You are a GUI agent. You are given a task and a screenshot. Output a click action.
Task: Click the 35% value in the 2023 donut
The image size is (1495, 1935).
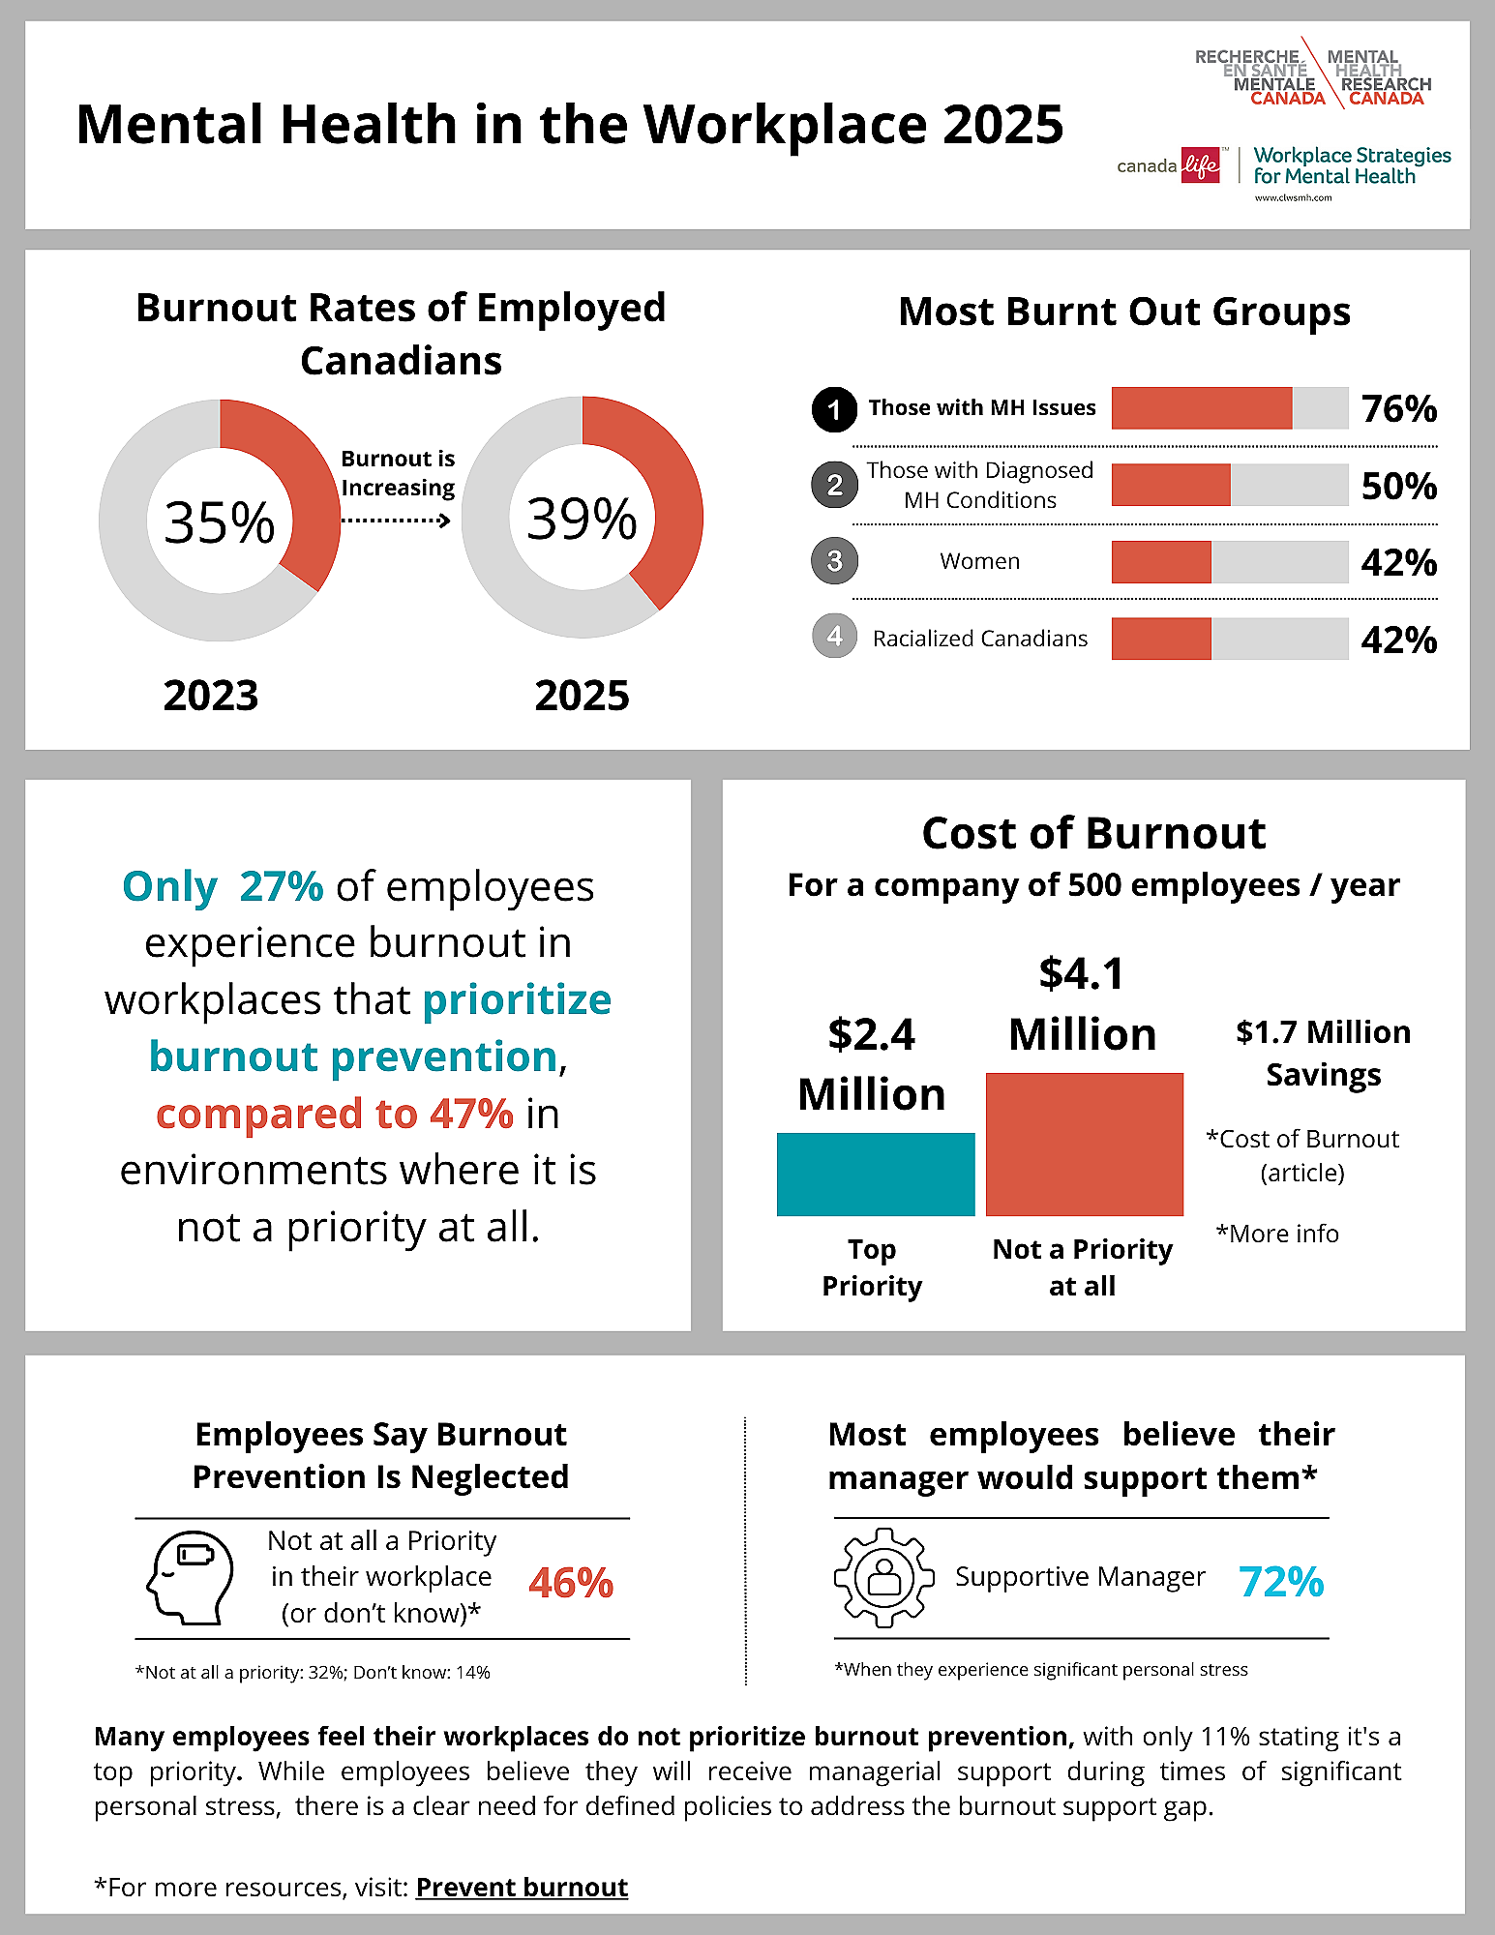coord(220,522)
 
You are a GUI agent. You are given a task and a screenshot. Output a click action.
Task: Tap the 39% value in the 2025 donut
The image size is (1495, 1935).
coord(582,519)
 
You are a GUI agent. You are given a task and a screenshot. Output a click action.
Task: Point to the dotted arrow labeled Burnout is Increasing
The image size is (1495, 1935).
coord(397,521)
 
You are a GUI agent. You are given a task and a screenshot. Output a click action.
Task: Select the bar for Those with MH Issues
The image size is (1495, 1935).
coord(1229,408)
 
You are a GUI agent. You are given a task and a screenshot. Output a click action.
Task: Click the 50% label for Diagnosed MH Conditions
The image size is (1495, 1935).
coord(1398,486)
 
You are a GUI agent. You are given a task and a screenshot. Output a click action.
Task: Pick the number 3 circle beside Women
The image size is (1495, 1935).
coord(834,561)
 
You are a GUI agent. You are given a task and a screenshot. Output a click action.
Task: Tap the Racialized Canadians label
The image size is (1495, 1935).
coord(979,639)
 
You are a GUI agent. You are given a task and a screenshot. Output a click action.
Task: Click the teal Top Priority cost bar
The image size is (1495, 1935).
coord(875,1174)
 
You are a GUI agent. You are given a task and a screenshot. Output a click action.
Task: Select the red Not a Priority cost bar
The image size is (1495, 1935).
coord(1084,1144)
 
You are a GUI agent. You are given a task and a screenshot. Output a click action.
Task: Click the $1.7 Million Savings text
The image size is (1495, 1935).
coord(1323,1053)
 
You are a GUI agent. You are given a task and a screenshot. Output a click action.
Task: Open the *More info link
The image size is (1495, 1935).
coord(1277,1234)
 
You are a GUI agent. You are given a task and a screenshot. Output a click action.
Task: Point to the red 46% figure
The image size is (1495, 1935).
coord(571,1583)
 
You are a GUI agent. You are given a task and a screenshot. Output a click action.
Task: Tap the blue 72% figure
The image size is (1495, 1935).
coord(1281,1582)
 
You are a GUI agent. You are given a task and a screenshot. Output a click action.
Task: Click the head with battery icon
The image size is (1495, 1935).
coord(191,1577)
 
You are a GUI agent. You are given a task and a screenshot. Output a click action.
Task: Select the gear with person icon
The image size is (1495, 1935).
coord(883,1577)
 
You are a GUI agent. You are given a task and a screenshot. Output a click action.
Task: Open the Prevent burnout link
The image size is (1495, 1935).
coord(522,1888)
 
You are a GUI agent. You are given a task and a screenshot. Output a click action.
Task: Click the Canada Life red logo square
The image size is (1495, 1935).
coord(1201,165)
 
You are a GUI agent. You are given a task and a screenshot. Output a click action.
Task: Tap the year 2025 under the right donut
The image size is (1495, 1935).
coord(582,696)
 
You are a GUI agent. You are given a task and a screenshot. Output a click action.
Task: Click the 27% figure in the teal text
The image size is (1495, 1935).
coord(281,886)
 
